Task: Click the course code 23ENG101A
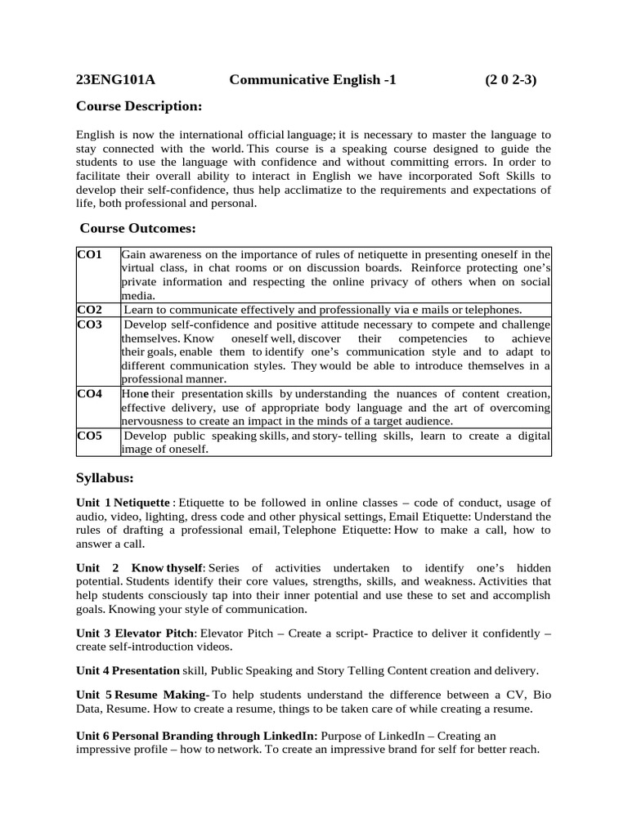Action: click(x=115, y=79)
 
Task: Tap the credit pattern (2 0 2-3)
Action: click(x=510, y=79)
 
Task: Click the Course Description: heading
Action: click(x=138, y=106)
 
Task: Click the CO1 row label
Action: click(x=89, y=255)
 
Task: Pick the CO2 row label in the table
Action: click(x=89, y=310)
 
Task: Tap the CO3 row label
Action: click(x=89, y=325)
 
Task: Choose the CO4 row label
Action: click(x=89, y=394)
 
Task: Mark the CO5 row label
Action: click(x=89, y=436)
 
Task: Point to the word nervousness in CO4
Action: click(x=152, y=421)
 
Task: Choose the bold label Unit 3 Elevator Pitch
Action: click(x=136, y=633)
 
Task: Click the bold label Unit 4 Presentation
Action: click(x=128, y=670)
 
